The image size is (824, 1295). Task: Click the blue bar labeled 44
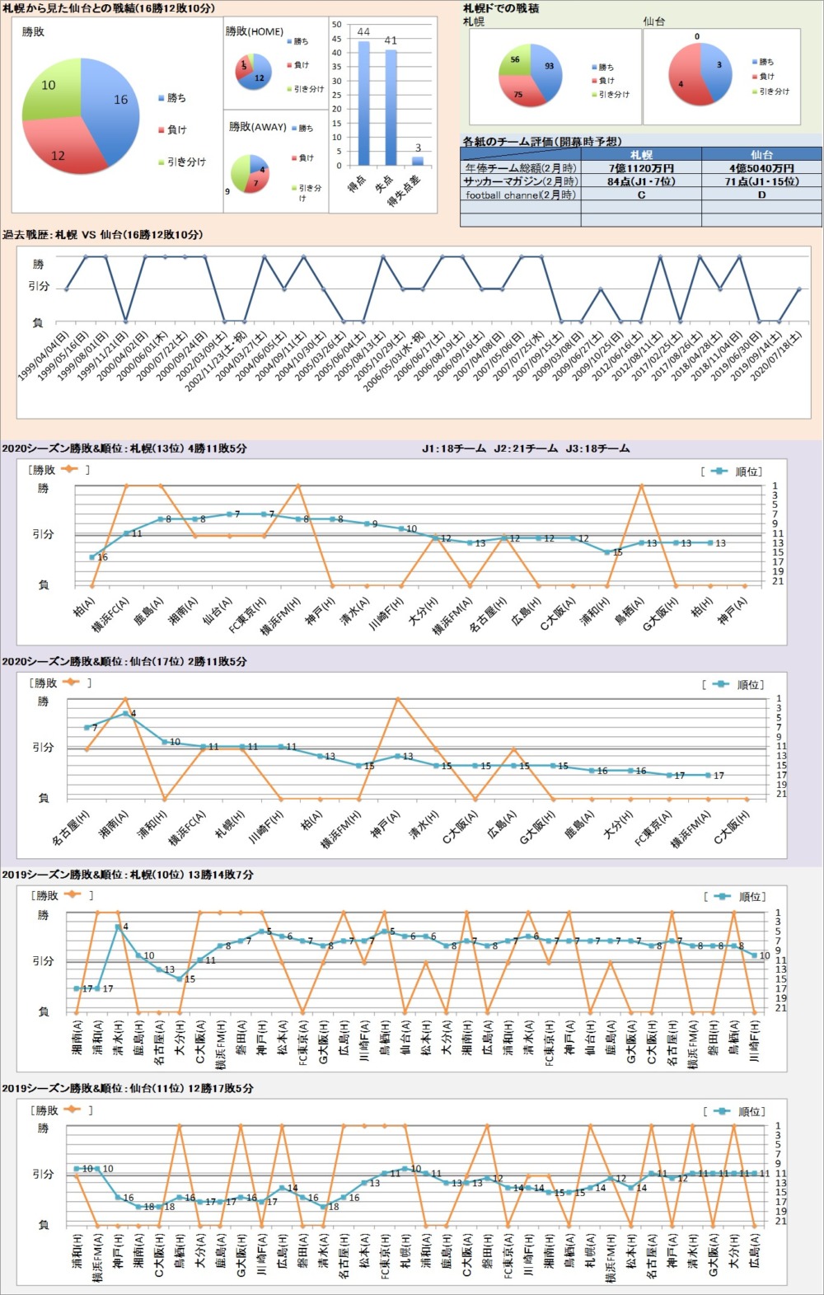[363, 103]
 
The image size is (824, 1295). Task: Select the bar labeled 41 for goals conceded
[391, 107]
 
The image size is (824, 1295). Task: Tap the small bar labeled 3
[418, 161]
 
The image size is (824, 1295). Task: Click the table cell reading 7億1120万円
[641, 168]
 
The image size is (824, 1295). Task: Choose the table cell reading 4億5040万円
[761, 168]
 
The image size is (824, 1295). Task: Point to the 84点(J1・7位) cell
[641, 181]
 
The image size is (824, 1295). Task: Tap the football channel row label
[521, 195]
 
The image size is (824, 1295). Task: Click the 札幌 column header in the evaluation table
[641, 155]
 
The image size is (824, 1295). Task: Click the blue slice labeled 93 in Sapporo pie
[547, 68]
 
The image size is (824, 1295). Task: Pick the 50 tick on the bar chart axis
[336, 25]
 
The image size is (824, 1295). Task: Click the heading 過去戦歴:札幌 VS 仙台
[102, 235]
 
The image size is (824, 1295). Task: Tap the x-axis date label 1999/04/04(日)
[43, 355]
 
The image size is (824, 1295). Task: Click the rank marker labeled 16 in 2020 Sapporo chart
[91, 557]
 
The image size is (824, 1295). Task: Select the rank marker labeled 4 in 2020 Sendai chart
[125, 713]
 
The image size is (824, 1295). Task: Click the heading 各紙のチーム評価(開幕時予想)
[542, 142]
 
